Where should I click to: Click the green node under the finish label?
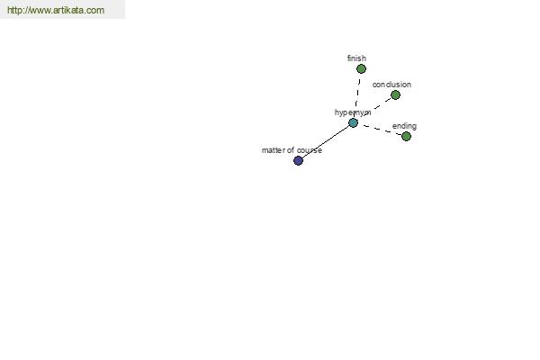[361, 69]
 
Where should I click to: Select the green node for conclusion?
[395, 94]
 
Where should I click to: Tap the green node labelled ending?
[407, 137]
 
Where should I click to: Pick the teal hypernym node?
[353, 122]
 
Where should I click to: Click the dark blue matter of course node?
[298, 160]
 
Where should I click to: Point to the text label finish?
[356, 58]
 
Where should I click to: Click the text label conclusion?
[391, 85]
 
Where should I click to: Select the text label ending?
[404, 126]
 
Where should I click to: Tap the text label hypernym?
[353, 112]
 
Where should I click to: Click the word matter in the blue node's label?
[273, 150]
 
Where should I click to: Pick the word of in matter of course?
[291, 150]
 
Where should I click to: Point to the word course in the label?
[310, 150]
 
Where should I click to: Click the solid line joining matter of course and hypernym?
[326, 141]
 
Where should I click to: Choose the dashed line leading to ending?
[382, 130]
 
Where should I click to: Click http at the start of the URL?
[14, 10]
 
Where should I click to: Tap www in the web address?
[40, 10]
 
